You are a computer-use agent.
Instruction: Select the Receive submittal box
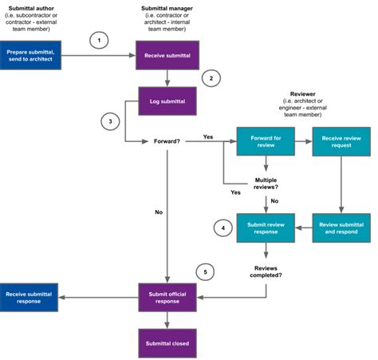tap(166, 55)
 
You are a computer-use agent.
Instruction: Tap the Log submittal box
tap(166, 102)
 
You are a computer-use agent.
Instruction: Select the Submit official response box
tap(166, 298)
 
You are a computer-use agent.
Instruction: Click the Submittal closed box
tap(166, 343)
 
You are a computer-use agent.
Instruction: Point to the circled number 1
tap(99, 39)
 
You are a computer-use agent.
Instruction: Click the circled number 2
tap(211, 79)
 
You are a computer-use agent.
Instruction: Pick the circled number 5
tap(206, 272)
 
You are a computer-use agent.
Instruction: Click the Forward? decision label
tap(167, 142)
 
